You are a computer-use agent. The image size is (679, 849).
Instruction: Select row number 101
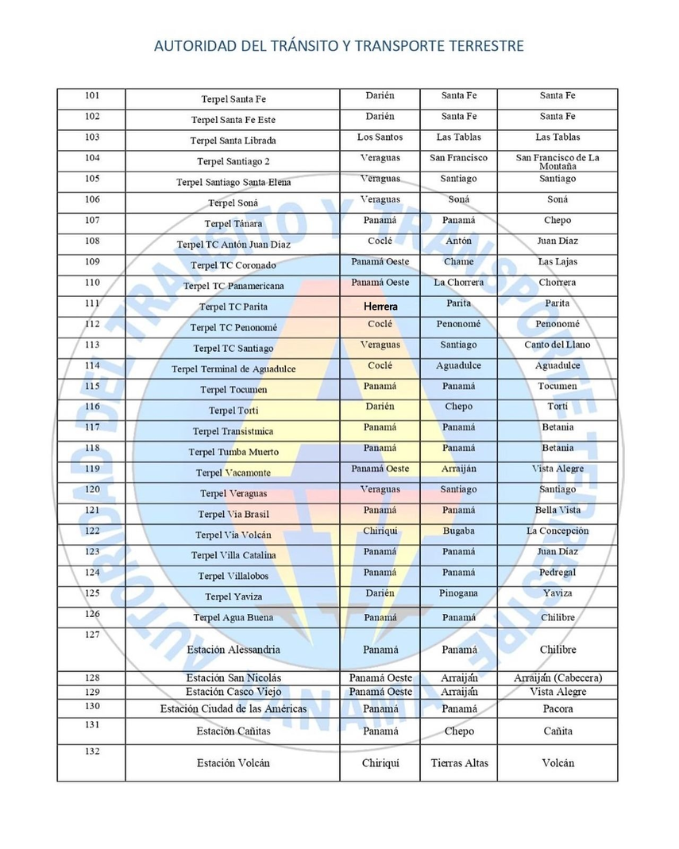point(92,96)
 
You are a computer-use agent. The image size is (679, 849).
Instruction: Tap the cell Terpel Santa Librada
point(233,141)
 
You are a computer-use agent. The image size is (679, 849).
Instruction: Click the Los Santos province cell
point(380,137)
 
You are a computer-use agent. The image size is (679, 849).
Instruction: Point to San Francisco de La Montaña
point(557,162)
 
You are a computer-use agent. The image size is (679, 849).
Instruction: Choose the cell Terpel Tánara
point(233,224)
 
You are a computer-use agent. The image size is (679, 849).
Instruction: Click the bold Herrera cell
point(380,306)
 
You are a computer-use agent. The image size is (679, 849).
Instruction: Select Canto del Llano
point(557,345)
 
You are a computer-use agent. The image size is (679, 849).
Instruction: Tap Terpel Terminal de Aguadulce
point(233,369)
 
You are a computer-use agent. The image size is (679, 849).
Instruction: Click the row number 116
point(92,407)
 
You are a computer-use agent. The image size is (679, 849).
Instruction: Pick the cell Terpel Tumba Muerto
point(233,452)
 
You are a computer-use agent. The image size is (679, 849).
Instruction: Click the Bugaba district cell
point(458,531)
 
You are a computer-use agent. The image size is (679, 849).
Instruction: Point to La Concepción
point(557,531)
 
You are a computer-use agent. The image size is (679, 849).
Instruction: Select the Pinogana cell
point(458,593)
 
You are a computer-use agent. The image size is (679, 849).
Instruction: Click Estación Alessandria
point(233,650)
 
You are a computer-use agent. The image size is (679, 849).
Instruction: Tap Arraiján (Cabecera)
point(557,678)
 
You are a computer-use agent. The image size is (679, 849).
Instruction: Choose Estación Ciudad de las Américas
point(233,708)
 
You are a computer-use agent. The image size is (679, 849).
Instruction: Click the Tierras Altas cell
point(458,763)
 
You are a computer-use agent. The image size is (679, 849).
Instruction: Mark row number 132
point(92,751)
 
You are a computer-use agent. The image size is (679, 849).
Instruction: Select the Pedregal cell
point(557,573)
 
